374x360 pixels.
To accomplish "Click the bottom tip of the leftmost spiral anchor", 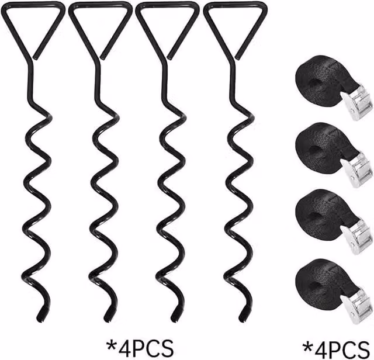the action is (40, 320).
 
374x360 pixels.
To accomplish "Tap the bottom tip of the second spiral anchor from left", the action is (108, 320).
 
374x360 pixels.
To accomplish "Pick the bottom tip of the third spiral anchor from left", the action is (175, 320).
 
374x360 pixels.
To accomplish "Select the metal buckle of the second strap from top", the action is (356, 170).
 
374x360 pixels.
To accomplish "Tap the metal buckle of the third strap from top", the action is (356, 237).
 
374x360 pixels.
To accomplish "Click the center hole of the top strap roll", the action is (316, 84).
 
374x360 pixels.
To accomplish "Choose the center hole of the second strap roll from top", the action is (316, 151).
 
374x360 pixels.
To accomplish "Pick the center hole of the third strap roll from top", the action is (316, 218).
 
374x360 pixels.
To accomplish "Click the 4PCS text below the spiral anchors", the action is (146, 348).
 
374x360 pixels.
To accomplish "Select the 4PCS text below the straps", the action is (342, 350).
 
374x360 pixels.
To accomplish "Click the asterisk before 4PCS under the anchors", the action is (112, 345).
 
